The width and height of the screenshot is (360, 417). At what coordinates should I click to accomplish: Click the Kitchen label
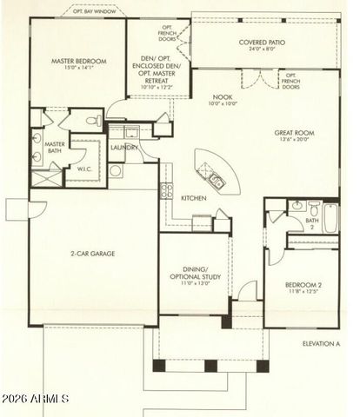pos(193,198)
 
